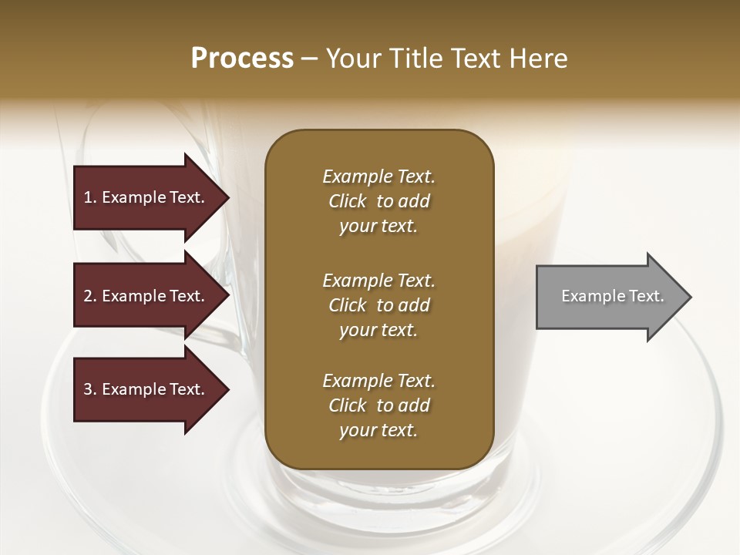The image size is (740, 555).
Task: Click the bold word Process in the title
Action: (242, 59)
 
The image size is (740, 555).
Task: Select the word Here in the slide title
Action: (538, 59)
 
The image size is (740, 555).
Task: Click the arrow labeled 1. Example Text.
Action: (146, 197)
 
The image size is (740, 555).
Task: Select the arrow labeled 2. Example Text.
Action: (146, 296)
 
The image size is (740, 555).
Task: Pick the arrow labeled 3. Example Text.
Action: (146, 389)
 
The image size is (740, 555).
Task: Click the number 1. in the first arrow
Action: (90, 197)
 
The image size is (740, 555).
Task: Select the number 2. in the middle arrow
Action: (90, 296)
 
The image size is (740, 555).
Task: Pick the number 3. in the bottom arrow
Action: (90, 389)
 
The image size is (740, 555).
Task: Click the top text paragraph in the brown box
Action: (378, 201)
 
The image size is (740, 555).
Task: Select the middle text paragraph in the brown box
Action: (378, 305)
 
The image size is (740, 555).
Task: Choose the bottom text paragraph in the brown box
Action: (378, 405)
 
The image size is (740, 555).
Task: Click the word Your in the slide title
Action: (351, 59)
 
